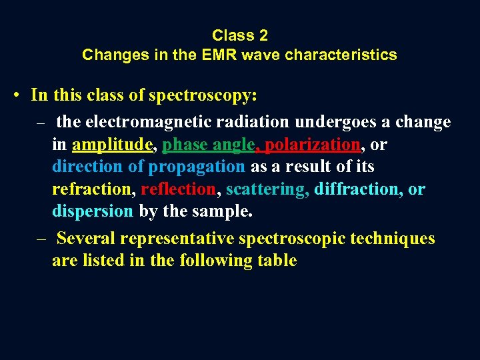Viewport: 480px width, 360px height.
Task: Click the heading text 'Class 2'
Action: coord(239,35)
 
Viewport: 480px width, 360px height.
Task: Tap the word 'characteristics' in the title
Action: coord(341,55)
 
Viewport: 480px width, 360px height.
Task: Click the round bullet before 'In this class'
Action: coord(15,95)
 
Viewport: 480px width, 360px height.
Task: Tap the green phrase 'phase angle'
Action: coord(208,145)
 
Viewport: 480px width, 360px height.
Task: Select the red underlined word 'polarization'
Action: coord(313,145)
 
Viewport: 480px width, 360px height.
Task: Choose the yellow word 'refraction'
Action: coord(93,189)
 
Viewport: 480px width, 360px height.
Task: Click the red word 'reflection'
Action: coord(178,189)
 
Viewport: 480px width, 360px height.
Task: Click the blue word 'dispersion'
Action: coord(93,211)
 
